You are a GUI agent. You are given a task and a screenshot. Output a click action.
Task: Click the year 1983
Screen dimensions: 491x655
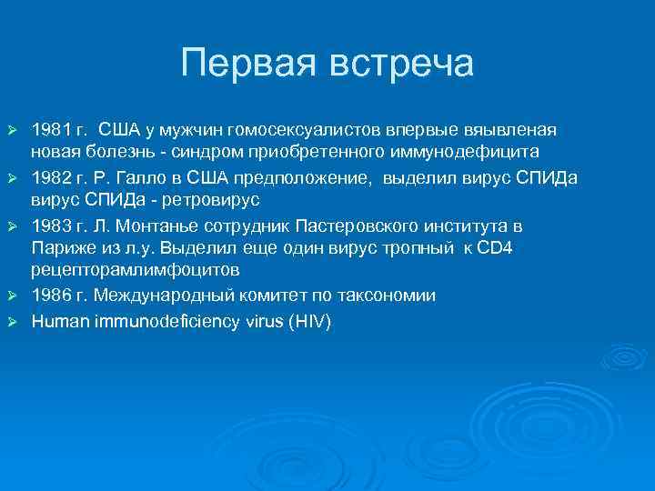[x=48, y=225]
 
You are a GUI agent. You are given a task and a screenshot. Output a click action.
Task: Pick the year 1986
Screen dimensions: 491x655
[x=48, y=296]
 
